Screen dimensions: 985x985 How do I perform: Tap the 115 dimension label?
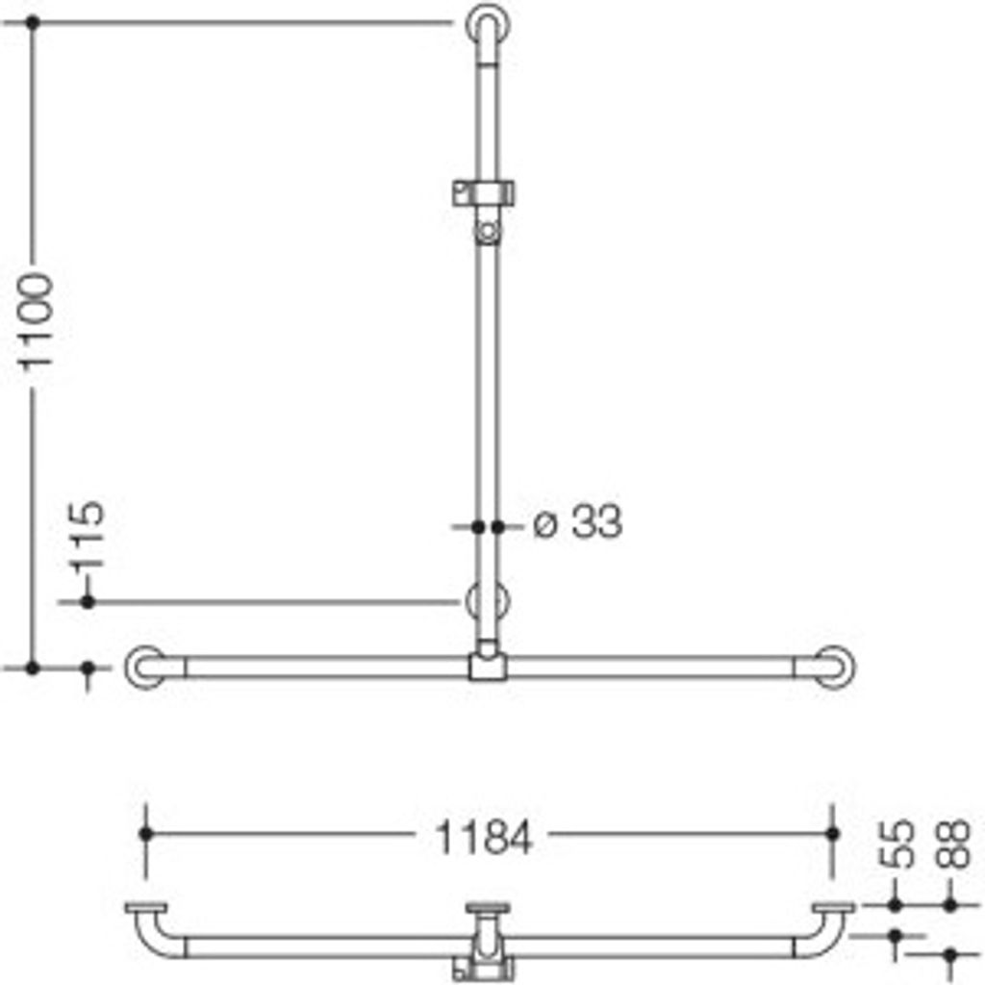click(x=88, y=536)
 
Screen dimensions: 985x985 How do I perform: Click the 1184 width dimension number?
click(x=484, y=838)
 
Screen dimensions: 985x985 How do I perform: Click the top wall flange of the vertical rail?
click(x=488, y=25)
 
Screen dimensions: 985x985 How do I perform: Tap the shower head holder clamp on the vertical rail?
click(x=483, y=192)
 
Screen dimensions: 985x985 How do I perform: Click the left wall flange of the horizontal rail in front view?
click(x=145, y=668)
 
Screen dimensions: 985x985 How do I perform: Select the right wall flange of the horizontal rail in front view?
click(x=834, y=668)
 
